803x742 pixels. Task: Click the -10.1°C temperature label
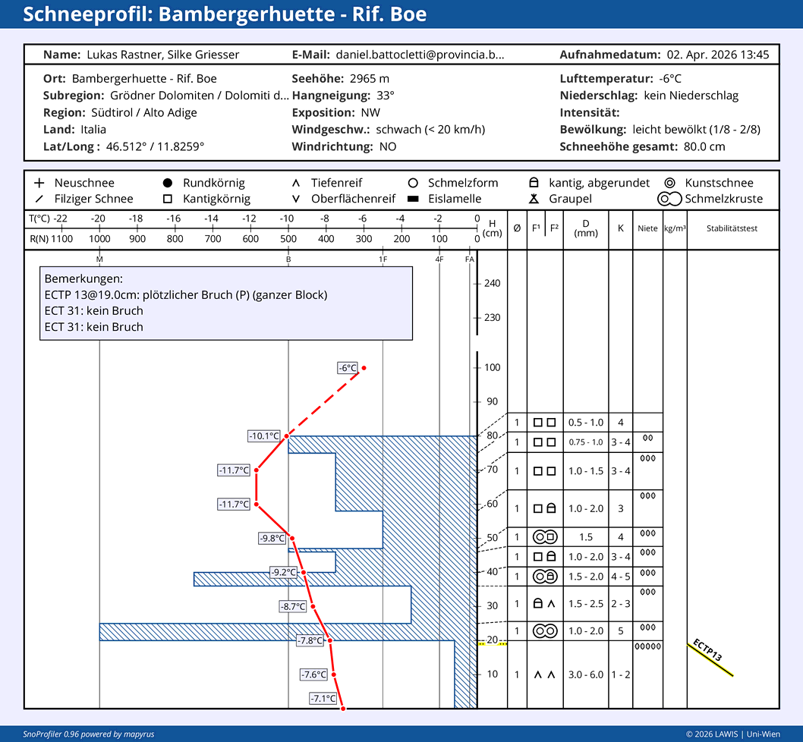[x=264, y=435]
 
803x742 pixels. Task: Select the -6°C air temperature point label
[x=347, y=368]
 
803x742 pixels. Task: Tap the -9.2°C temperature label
[x=284, y=572]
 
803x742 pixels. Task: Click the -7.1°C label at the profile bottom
[x=323, y=698]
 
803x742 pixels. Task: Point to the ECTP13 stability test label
[x=707, y=650]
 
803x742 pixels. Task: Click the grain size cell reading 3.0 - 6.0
[x=586, y=674]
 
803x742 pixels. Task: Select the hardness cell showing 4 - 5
[x=621, y=576]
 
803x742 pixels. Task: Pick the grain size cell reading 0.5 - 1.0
[x=586, y=423]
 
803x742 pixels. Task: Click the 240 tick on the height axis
[x=492, y=283]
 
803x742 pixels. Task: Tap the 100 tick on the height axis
[x=492, y=367]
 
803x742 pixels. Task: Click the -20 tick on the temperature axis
[x=98, y=219]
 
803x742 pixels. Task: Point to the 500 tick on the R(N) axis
[x=288, y=239]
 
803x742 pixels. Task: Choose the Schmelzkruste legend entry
[x=710, y=199]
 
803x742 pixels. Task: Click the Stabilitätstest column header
[x=732, y=228]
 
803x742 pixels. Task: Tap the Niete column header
[x=647, y=228]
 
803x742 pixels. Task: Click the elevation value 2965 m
[x=369, y=78]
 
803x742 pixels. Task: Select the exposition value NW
[x=371, y=112]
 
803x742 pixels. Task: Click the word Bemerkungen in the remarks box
[x=83, y=279]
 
